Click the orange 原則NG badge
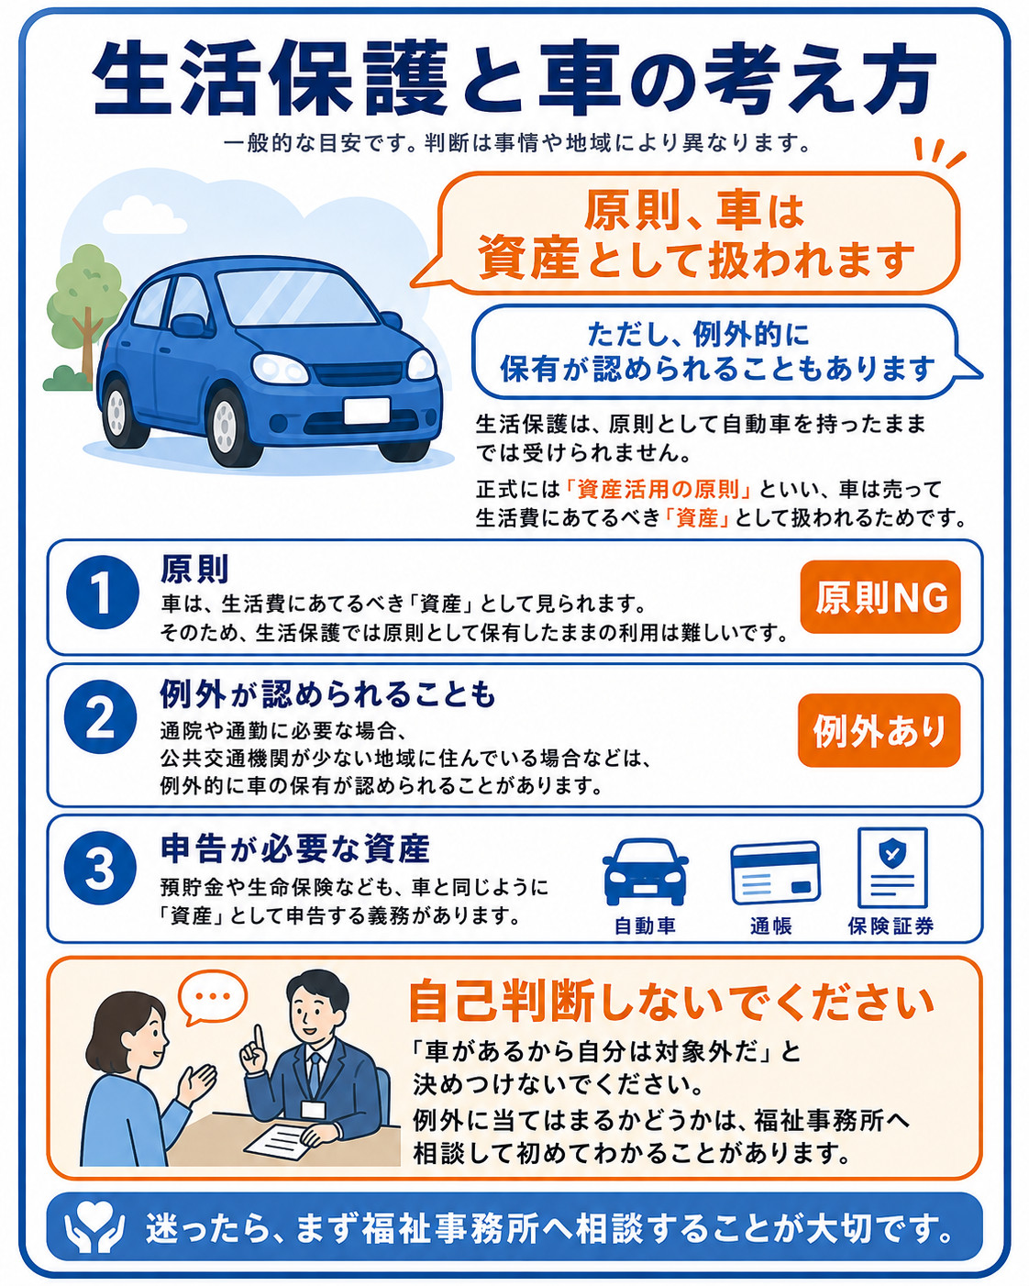point(880,596)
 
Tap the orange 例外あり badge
point(879,729)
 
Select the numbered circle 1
point(102,593)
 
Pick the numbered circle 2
point(100,716)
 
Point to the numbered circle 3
point(100,867)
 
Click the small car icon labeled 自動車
point(645,871)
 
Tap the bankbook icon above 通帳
point(775,872)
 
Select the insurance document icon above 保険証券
point(892,867)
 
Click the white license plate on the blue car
point(367,411)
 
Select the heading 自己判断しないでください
point(671,1002)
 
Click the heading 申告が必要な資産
point(295,848)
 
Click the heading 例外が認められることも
point(327,694)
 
